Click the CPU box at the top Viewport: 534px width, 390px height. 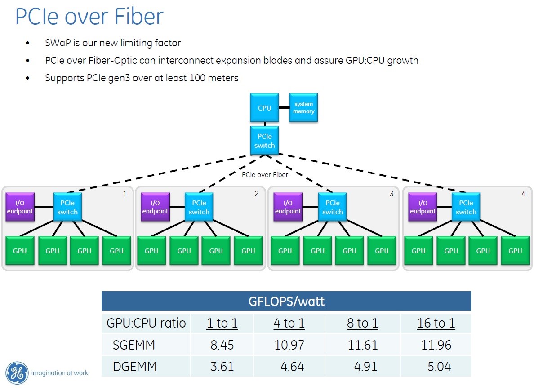pyautogui.click(x=264, y=108)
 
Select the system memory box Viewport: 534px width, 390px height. pyautogui.click(x=303, y=108)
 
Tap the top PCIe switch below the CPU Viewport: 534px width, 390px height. pyautogui.click(x=264, y=141)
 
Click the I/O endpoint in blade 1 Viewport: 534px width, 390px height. pyautogui.click(x=20, y=207)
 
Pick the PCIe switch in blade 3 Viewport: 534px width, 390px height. pyautogui.click(x=332, y=207)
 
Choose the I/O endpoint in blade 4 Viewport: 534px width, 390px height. pyautogui.click(x=423, y=207)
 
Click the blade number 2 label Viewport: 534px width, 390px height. pyautogui.click(x=257, y=194)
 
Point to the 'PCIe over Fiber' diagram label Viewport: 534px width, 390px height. pyautogui.click(x=265, y=174)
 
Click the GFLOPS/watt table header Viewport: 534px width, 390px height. pyautogui.click(x=286, y=301)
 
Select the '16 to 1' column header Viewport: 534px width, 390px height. pyautogui.click(x=436, y=323)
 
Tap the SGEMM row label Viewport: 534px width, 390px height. pyautogui.click(x=134, y=345)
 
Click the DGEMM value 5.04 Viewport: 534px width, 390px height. pyautogui.click(x=439, y=366)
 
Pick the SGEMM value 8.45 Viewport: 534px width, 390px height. pyautogui.click(x=222, y=345)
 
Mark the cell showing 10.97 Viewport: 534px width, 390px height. pyautogui.click(x=289, y=345)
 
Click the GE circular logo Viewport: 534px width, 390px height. pyautogui.click(x=17, y=372)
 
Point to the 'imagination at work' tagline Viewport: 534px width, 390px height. pyautogui.click(x=59, y=372)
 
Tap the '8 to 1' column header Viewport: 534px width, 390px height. pyautogui.click(x=363, y=323)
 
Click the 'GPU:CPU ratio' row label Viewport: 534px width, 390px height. pyautogui.click(x=146, y=323)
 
